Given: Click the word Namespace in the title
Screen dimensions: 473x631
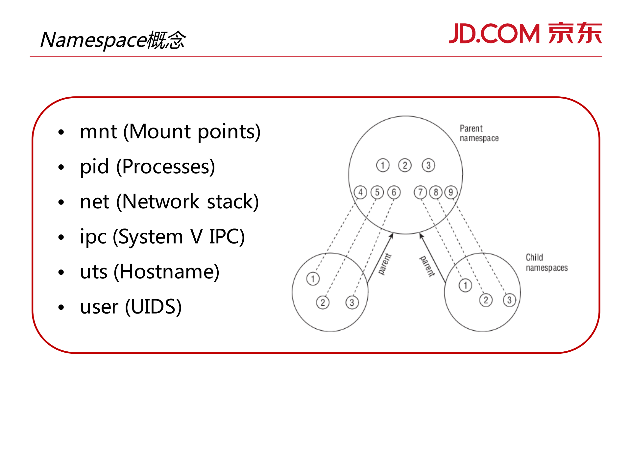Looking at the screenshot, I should (93, 40).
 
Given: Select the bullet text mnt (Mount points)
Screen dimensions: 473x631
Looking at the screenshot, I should (170, 131).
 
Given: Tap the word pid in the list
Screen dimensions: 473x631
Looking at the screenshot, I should (94, 167).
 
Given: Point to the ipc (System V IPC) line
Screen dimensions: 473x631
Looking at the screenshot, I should (162, 237).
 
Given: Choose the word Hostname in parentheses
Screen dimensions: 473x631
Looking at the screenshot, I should (166, 272).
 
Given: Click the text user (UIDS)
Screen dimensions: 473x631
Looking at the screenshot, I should (131, 307).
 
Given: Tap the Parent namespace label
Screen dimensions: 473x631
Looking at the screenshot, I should (478, 133).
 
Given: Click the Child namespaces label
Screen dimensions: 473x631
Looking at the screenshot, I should (546, 262).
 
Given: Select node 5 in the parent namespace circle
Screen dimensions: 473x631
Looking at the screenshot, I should (377, 192).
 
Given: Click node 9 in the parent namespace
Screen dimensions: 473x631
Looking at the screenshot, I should (451, 192).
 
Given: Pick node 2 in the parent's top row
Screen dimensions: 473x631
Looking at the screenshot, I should (405, 165).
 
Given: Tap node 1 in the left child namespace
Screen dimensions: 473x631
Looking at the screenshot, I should (313, 279).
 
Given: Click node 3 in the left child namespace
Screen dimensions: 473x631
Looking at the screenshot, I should (352, 302).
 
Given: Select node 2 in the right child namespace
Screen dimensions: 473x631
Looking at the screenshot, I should (486, 300).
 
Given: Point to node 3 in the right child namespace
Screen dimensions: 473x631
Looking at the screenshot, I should (509, 300).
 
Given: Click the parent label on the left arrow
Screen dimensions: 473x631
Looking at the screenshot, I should (385, 264).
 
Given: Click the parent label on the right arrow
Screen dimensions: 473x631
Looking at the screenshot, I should (427, 266).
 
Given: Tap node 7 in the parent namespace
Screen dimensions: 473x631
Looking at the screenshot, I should (420, 192).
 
